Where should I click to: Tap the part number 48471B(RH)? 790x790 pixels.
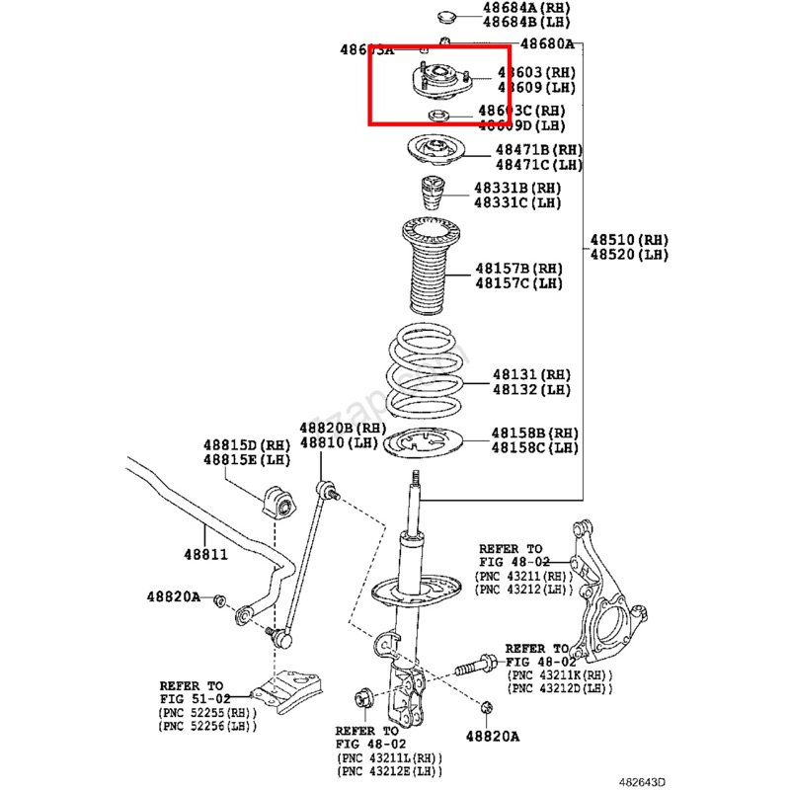coord(538,150)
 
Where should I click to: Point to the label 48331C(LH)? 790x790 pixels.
coord(516,202)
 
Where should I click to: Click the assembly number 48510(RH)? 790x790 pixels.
coord(629,240)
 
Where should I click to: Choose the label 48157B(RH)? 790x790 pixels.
coord(518,269)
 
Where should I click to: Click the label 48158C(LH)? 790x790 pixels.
coord(535,448)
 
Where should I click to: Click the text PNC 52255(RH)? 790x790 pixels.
coord(205,713)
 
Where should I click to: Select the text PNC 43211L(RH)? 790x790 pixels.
coord(387,756)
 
